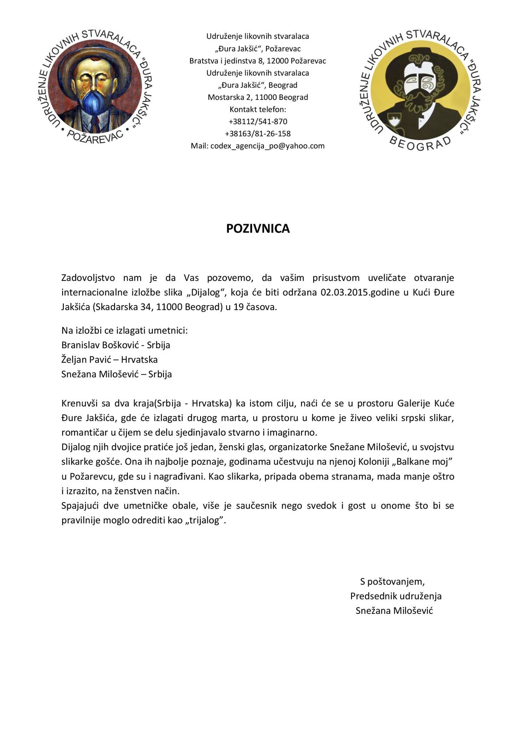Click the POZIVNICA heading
258,228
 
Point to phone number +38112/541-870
258,122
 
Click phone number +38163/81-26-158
258,134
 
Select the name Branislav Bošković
102,345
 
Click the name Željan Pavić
84,359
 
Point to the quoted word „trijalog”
206,520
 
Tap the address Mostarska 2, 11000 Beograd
258,97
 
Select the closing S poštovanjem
392,582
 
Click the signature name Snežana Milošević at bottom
394,611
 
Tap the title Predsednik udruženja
396,596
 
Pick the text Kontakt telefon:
258,109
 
